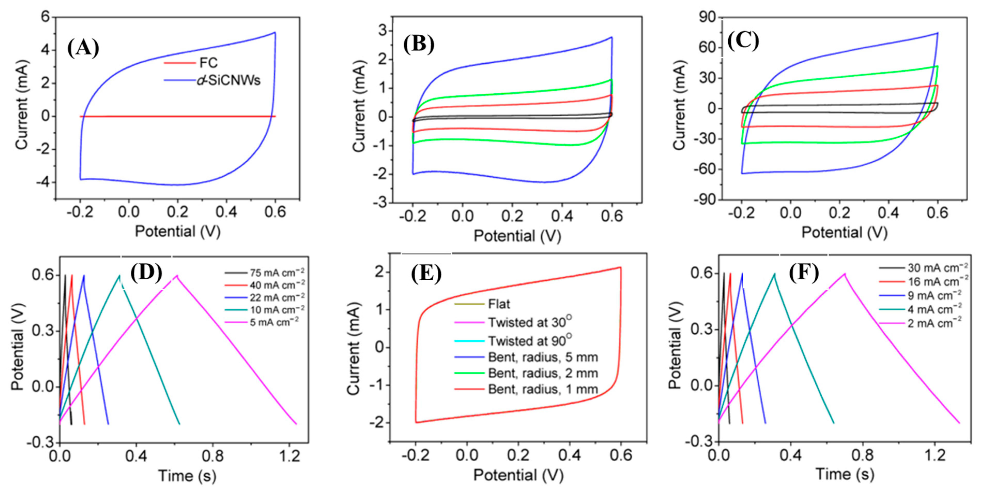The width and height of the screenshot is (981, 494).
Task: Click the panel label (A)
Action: click(83, 48)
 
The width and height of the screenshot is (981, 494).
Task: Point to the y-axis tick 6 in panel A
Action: click(46, 17)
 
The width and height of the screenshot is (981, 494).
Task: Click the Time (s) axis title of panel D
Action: click(187, 476)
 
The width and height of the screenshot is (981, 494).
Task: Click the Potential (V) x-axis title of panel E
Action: click(518, 475)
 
